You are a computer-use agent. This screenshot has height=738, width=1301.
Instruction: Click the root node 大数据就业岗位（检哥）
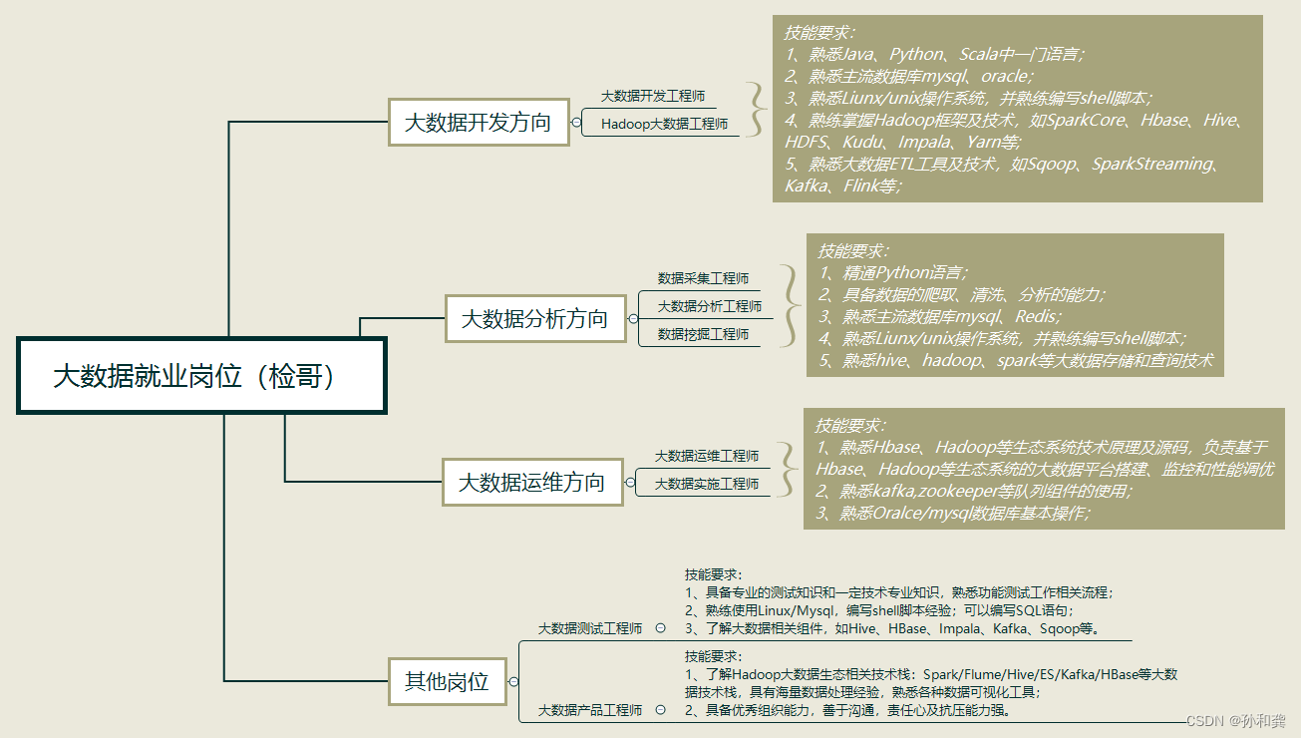tap(201, 376)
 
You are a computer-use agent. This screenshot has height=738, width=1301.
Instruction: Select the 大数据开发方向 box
tap(478, 123)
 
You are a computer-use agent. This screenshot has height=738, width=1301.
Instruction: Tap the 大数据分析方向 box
tap(534, 319)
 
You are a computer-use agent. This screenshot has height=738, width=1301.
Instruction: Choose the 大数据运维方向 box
tap(531, 483)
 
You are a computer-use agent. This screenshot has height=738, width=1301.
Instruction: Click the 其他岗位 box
tap(447, 682)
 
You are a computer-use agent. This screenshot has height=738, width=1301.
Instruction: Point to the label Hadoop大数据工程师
tap(664, 125)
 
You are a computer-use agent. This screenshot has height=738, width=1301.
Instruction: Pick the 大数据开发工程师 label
tap(653, 97)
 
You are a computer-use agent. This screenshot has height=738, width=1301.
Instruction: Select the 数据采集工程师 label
tap(703, 278)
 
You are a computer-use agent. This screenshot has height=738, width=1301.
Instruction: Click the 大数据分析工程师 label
tap(709, 306)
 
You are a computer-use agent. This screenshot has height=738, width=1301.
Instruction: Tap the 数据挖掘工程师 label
tap(703, 334)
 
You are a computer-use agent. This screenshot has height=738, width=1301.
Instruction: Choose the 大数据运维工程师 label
tap(706, 456)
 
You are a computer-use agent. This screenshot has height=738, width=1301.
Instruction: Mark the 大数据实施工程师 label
tap(706, 484)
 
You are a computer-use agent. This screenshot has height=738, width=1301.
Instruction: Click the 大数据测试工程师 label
tap(590, 628)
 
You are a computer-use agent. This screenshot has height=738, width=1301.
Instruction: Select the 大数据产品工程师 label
tap(590, 710)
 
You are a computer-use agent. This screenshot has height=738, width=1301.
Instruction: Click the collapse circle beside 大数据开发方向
tap(576, 123)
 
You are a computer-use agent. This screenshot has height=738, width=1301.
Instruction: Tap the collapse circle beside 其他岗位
tap(513, 682)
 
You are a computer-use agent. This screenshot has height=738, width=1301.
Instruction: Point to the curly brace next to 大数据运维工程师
tap(789, 469)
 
